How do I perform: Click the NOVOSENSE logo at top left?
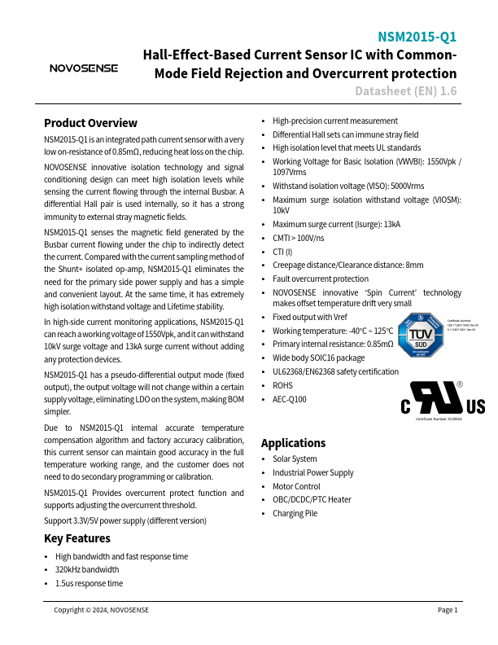tap(84, 68)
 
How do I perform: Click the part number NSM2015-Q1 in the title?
tap(417, 37)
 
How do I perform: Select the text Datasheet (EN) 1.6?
tap(405, 91)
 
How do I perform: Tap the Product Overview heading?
tap(90, 123)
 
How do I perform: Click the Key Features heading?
tap(76, 538)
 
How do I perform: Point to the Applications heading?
tap(293, 443)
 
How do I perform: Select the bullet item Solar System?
tap(295, 459)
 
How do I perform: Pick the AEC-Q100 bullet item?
tap(290, 399)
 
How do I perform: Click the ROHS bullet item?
tap(283, 385)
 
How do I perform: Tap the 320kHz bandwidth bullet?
tap(86, 570)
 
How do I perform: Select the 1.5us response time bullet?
tap(89, 583)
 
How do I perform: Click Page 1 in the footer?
tap(448, 610)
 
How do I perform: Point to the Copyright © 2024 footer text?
tap(101, 610)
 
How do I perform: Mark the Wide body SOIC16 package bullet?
tap(318, 358)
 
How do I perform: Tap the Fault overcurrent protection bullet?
tap(320, 279)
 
